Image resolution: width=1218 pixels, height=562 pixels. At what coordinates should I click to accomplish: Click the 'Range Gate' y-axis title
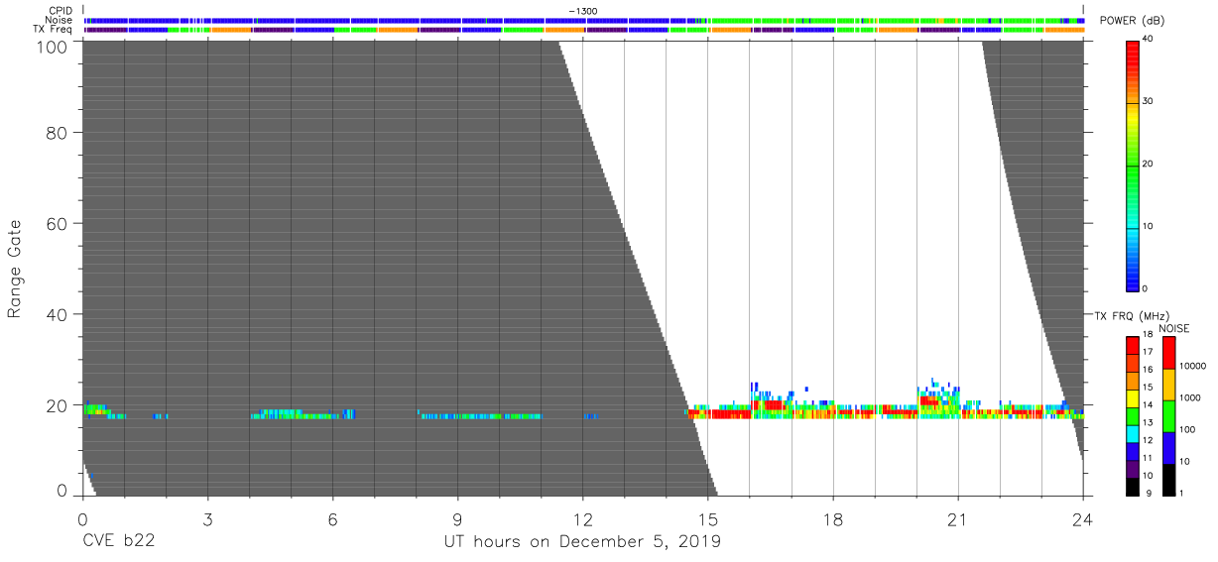[x=14, y=269]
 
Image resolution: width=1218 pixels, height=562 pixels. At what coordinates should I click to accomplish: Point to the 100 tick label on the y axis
[x=52, y=48]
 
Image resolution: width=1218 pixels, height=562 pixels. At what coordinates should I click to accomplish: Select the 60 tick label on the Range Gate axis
[x=57, y=224]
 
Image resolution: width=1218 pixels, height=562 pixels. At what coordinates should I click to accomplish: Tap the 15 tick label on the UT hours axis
[x=707, y=520]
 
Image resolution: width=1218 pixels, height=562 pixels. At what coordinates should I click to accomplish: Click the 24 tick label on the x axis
[x=1082, y=520]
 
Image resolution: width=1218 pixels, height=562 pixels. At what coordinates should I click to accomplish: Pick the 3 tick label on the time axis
[x=207, y=520]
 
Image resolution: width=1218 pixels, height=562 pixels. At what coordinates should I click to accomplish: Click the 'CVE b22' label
[x=119, y=541]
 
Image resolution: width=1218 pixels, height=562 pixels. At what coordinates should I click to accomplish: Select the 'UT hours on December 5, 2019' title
[x=582, y=542]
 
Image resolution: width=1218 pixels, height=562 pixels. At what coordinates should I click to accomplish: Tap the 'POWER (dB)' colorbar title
[x=1132, y=21]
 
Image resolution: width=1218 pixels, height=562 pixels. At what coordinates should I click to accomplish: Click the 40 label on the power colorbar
[x=1148, y=39]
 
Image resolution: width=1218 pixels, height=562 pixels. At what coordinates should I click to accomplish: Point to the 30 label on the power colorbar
[x=1148, y=101]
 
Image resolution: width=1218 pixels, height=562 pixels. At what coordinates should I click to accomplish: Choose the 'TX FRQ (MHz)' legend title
[x=1132, y=316]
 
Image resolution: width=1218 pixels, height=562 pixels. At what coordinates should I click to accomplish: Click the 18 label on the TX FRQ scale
[x=1148, y=334]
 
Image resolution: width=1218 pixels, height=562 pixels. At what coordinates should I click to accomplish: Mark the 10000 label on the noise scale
[x=1192, y=367]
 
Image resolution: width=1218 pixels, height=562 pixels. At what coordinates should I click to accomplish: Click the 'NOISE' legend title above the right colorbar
[x=1174, y=329]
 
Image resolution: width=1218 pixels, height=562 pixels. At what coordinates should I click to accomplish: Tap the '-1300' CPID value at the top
[x=583, y=12]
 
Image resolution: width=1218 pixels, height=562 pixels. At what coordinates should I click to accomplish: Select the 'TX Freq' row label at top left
[x=53, y=30]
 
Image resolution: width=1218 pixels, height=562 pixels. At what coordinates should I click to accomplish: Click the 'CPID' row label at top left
[x=61, y=11]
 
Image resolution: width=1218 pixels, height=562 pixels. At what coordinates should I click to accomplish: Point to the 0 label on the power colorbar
[x=1145, y=288]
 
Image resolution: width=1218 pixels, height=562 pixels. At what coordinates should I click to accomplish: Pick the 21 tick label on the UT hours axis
[x=957, y=520]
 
